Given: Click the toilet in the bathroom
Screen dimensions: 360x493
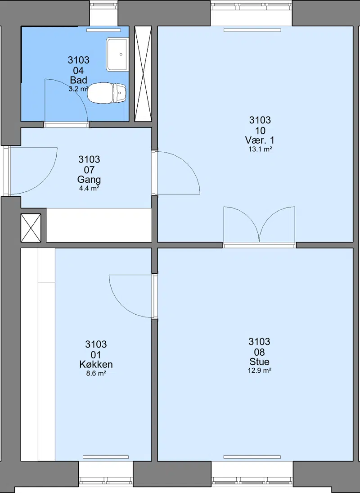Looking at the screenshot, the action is coord(106,93).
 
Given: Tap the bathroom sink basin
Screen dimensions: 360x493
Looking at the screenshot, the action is coord(117,54).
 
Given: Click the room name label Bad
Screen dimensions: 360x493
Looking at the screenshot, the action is coord(79,80).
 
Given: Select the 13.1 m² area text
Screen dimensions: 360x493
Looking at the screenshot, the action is coord(260,149).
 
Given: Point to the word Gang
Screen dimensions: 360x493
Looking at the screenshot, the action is coord(89,180).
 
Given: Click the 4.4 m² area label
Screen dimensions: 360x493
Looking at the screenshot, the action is coord(89,188).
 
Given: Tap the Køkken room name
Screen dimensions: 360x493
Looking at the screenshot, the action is coord(96,364).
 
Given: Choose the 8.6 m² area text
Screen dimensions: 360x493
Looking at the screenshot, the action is coord(96,374).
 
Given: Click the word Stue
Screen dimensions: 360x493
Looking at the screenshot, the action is coord(260,362).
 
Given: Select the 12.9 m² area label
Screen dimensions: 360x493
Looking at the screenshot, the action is coord(260,371).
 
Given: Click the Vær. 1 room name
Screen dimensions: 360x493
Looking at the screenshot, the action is coord(260,140).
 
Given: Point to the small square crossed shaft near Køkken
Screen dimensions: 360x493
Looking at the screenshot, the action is coord(31,228).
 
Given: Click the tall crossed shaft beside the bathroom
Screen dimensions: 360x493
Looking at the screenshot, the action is coord(143,74).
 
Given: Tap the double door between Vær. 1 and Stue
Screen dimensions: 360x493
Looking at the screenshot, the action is coord(259,225).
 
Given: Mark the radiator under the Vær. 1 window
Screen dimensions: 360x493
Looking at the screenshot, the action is coord(252,31).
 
